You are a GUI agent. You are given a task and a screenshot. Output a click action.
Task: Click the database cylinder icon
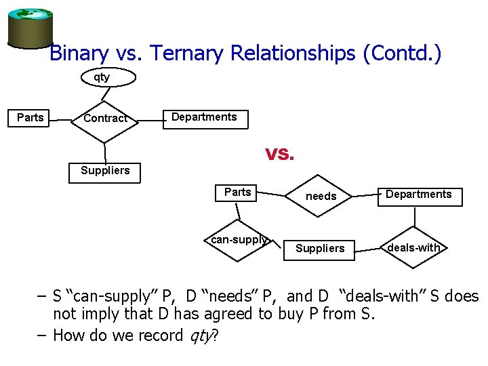(30, 26)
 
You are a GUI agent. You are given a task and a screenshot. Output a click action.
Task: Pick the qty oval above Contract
(102, 77)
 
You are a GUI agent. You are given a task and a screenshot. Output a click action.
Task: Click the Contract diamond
(105, 119)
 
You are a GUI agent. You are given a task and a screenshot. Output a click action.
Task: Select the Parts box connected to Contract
(30, 118)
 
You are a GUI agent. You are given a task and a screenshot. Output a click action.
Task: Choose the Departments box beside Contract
(204, 118)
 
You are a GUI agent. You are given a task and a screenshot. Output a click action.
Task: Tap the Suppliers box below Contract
(105, 171)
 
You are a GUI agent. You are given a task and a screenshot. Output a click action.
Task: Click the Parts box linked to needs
(237, 192)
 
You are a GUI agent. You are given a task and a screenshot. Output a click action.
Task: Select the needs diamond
(321, 197)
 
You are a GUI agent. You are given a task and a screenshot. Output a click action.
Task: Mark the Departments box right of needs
(418, 195)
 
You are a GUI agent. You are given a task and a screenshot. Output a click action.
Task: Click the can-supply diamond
(238, 240)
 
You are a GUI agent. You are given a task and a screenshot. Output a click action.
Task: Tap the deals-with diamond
(413, 248)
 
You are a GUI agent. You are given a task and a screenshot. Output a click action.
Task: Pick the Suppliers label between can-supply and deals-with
(320, 249)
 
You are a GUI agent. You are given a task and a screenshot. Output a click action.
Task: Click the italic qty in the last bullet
(201, 335)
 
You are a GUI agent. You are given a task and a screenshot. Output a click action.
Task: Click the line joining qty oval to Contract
(103, 94)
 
